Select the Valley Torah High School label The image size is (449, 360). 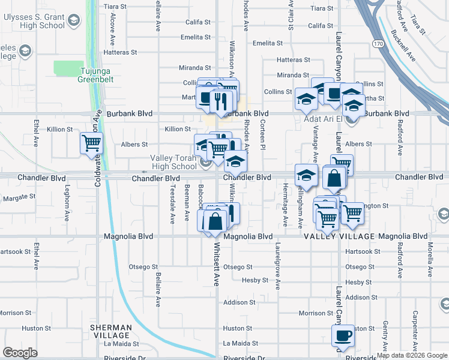click(x=173, y=162)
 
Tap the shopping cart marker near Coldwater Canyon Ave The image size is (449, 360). click(x=92, y=143)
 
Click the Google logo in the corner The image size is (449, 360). click(x=20, y=352)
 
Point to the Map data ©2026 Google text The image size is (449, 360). click(x=412, y=355)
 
